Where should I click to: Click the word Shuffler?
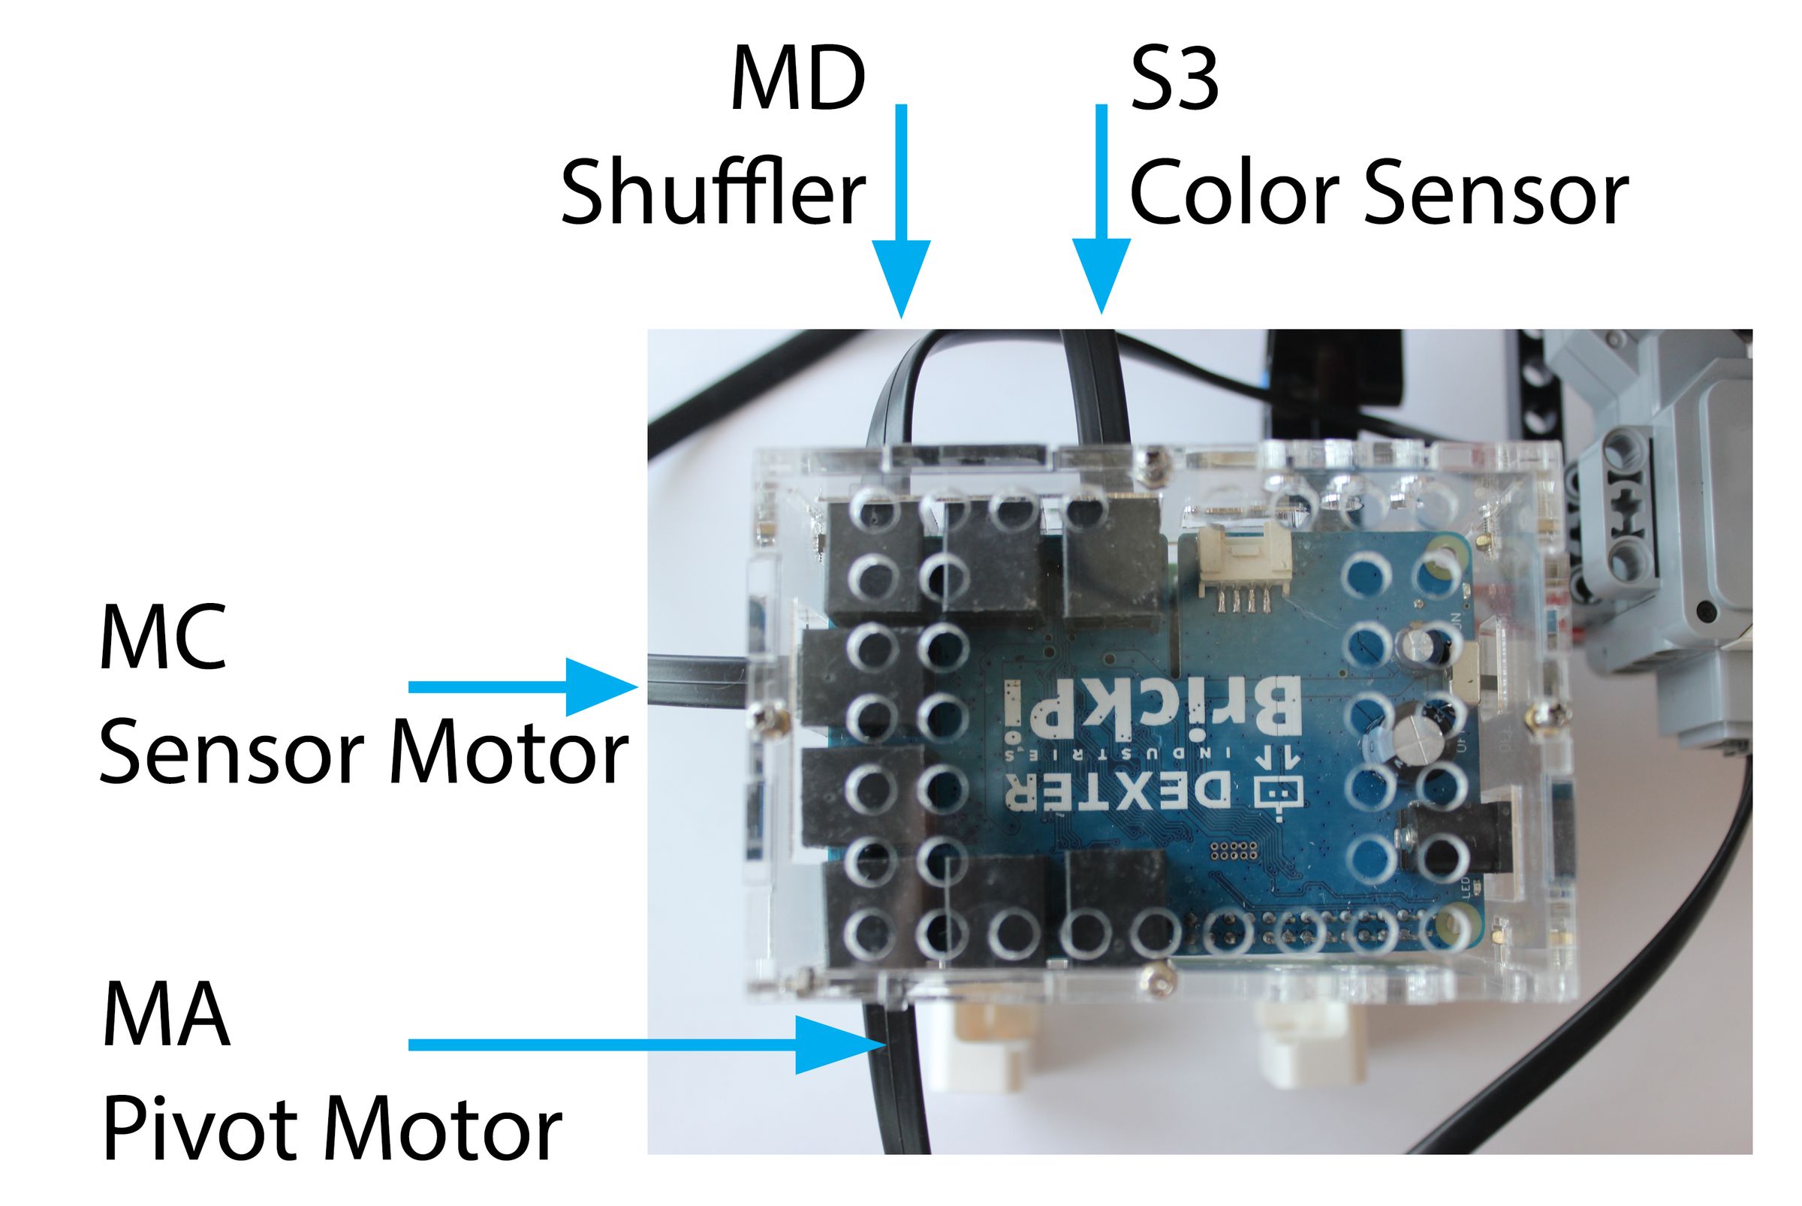pyautogui.click(x=713, y=191)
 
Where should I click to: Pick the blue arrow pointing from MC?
pyautogui.click(x=523, y=686)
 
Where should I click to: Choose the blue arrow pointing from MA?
pyautogui.click(x=646, y=1044)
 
